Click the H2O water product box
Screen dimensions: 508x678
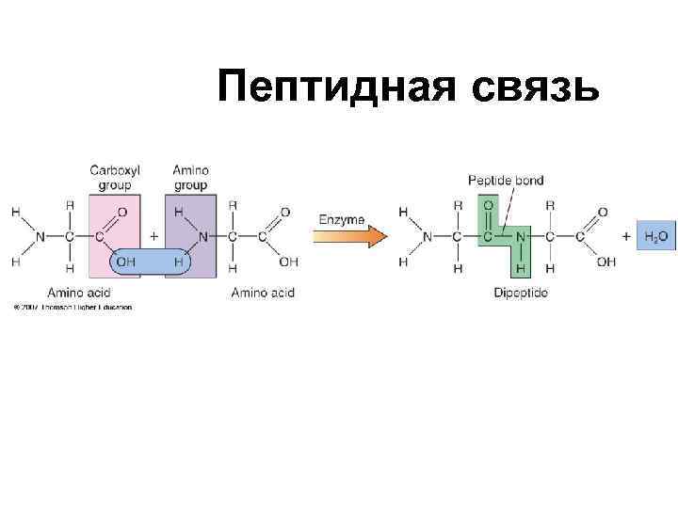[657, 235]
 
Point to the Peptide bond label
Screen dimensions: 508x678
[506, 181]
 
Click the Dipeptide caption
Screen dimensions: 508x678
[520, 293]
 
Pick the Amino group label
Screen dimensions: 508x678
[190, 178]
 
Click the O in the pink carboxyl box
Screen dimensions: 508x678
[122, 212]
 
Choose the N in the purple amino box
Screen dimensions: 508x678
[202, 236]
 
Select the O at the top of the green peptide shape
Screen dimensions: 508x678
[487, 204]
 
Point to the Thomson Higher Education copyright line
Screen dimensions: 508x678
[73, 307]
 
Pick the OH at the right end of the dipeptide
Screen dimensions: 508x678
[605, 262]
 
